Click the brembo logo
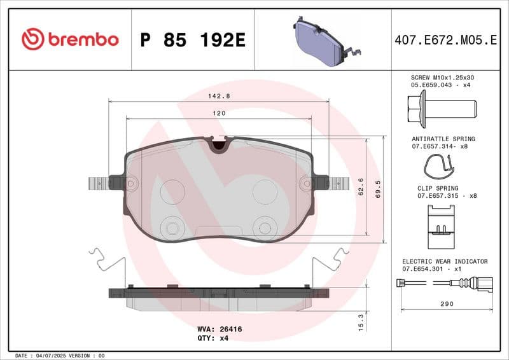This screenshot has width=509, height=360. click(x=70, y=39)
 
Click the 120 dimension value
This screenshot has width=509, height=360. click(x=219, y=113)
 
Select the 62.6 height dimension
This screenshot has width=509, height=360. click(x=361, y=188)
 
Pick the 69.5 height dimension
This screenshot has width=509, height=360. click(x=378, y=188)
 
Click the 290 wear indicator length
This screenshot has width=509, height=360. click(x=447, y=304)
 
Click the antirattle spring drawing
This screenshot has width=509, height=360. click(x=440, y=167)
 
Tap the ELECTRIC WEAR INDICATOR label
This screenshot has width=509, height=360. click(x=445, y=261)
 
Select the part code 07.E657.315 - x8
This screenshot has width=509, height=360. click(x=447, y=196)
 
